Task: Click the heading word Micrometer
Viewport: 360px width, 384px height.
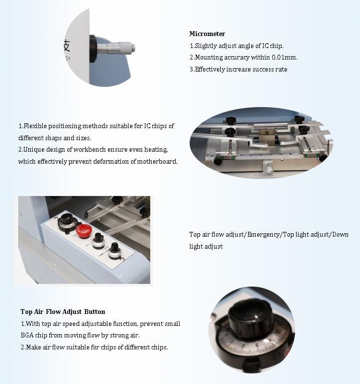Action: pyautogui.click(x=207, y=34)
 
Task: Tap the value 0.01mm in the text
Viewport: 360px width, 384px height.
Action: pyautogui.click(x=285, y=57)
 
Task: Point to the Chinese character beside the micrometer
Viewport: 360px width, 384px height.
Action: pyautogui.click(x=67, y=46)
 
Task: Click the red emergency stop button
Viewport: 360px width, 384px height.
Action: pyautogui.click(x=84, y=231)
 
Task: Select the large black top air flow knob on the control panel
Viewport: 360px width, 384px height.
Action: pyautogui.click(x=67, y=221)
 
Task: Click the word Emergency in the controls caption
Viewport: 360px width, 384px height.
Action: pyautogui.click(x=264, y=235)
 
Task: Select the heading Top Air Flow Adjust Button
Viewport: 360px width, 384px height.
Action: pyautogui.click(x=63, y=312)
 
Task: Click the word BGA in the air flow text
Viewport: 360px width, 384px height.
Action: pyautogui.click(x=27, y=335)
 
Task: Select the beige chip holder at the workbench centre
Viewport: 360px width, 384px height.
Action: pyautogui.click(x=266, y=137)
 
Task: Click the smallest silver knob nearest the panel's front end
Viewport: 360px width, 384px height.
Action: pyautogui.click(x=115, y=251)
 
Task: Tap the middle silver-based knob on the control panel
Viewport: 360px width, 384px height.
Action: pyautogui.click(x=98, y=241)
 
